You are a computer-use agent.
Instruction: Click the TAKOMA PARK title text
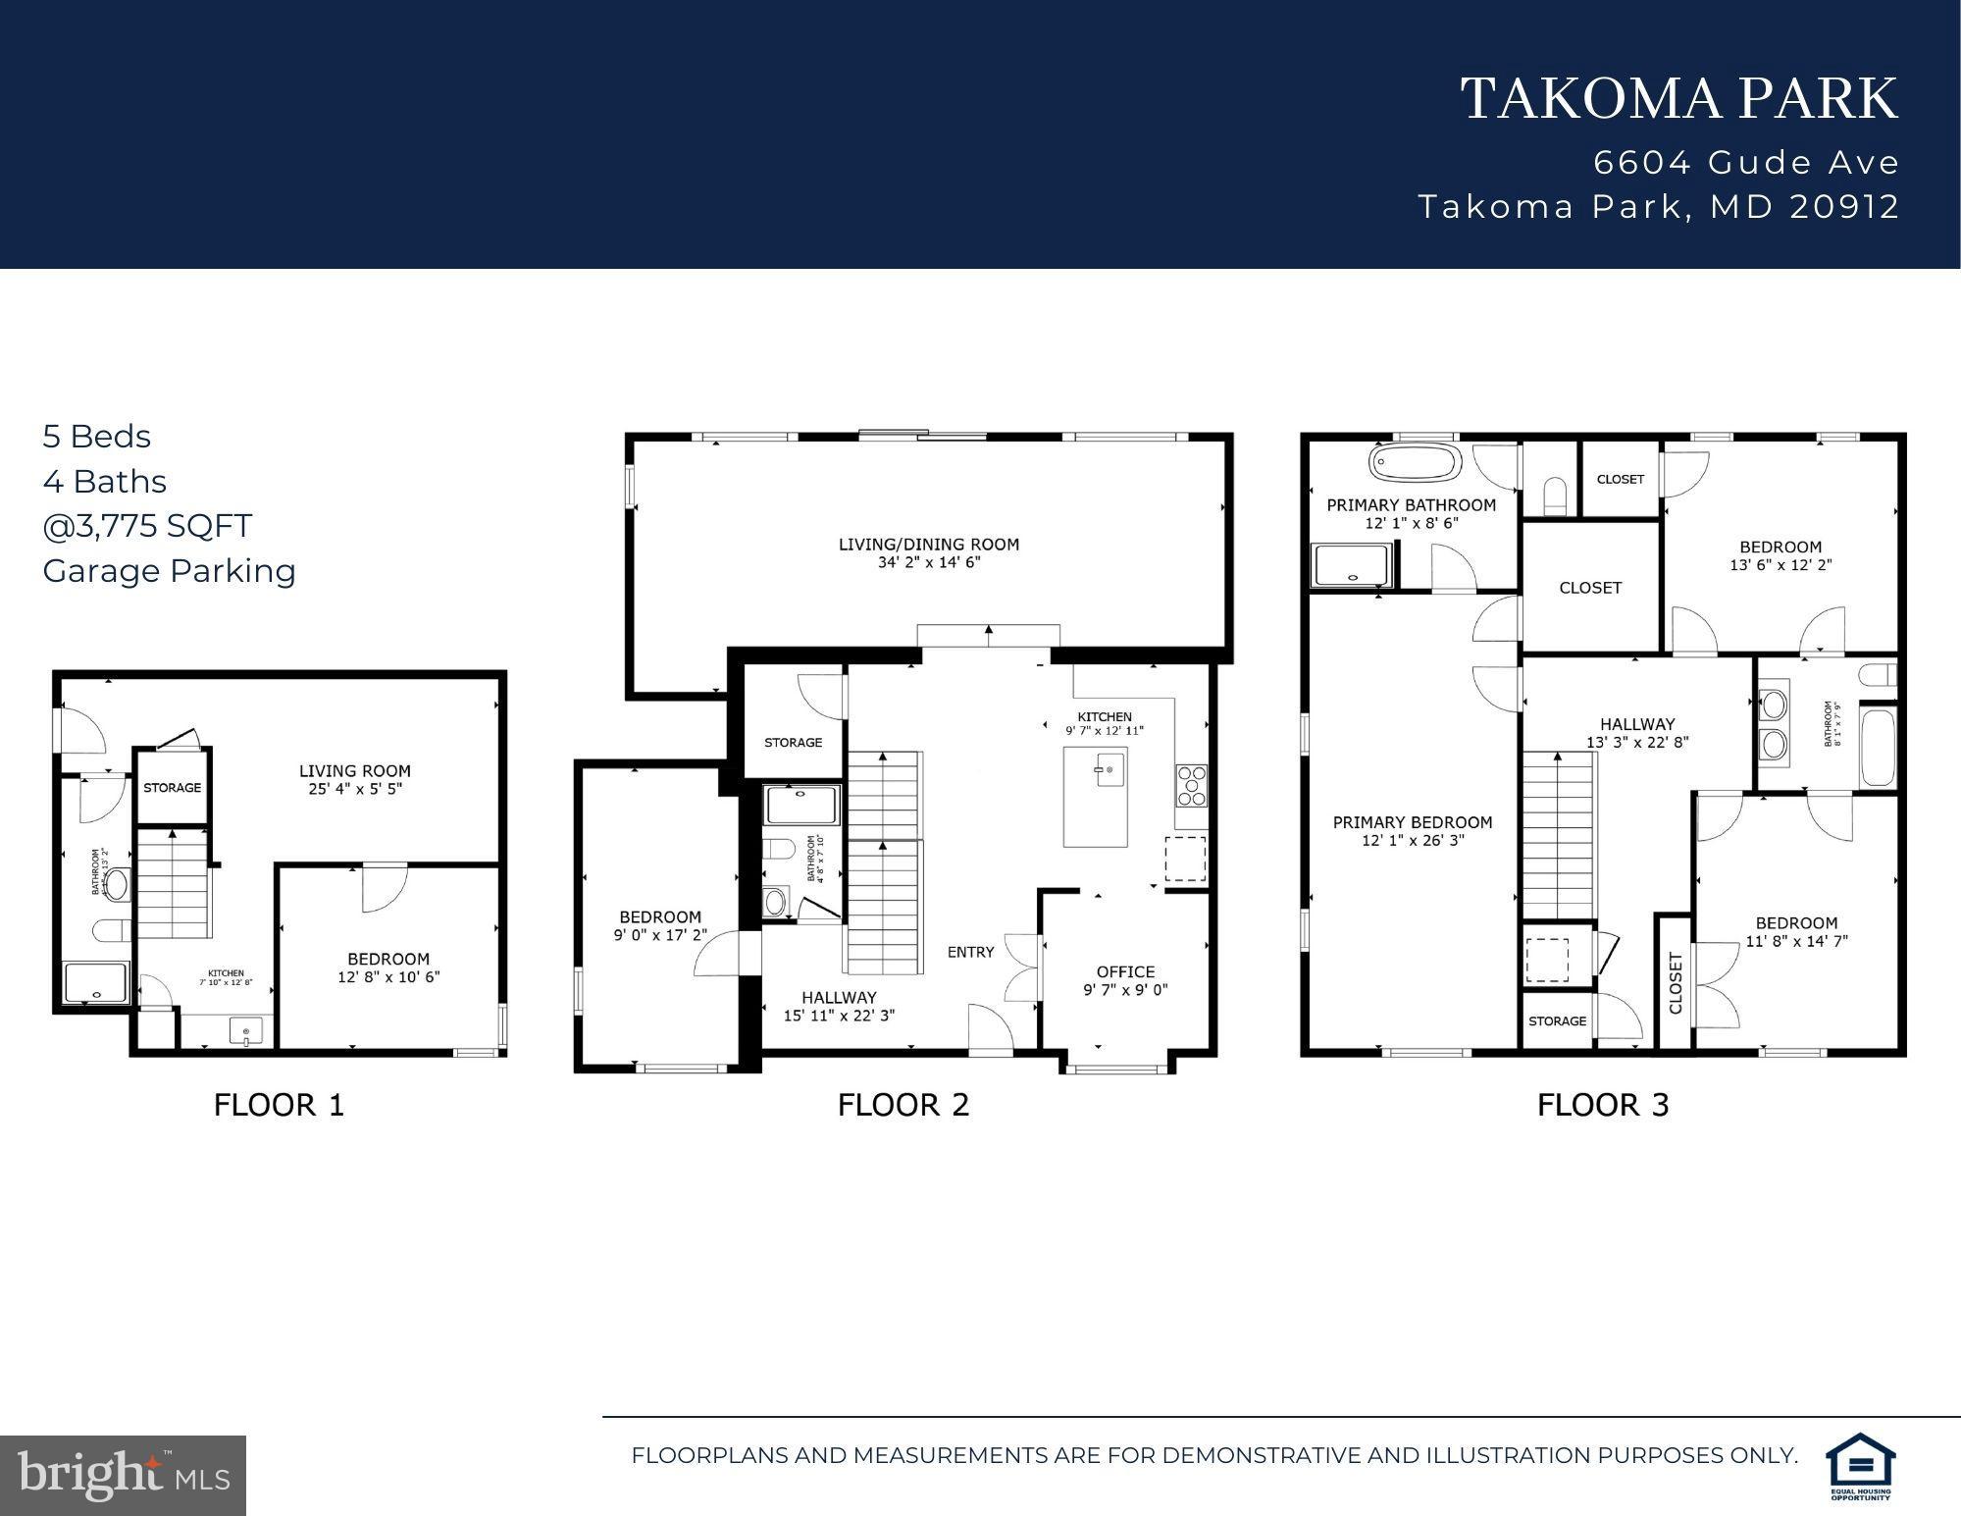click(x=1678, y=100)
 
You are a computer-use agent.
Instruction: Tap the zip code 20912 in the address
click(x=1844, y=207)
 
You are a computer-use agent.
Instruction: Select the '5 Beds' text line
click(x=96, y=437)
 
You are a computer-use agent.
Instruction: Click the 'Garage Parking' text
click(x=169, y=571)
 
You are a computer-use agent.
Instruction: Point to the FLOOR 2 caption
click(x=903, y=1105)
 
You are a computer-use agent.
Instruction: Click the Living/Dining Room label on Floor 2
click(x=928, y=545)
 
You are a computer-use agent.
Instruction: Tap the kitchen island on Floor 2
click(x=1096, y=797)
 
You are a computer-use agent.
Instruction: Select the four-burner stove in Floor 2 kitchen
click(x=1191, y=786)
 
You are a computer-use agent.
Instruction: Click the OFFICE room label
click(x=1125, y=972)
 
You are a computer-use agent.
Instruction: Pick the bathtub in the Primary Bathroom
click(x=1414, y=463)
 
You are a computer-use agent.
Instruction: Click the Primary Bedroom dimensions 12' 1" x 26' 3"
click(x=1413, y=841)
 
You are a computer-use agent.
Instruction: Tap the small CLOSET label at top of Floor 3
click(x=1620, y=480)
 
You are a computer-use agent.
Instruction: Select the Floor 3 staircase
click(x=1558, y=834)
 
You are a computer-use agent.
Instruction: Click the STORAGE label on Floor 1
click(x=172, y=788)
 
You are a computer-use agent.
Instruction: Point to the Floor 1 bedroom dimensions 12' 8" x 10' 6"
click(x=388, y=977)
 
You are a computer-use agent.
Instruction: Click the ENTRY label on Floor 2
click(x=970, y=952)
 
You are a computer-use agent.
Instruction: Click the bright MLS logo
click(x=123, y=1475)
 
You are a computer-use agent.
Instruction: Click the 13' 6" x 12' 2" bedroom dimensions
click(x=1780, y=566)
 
